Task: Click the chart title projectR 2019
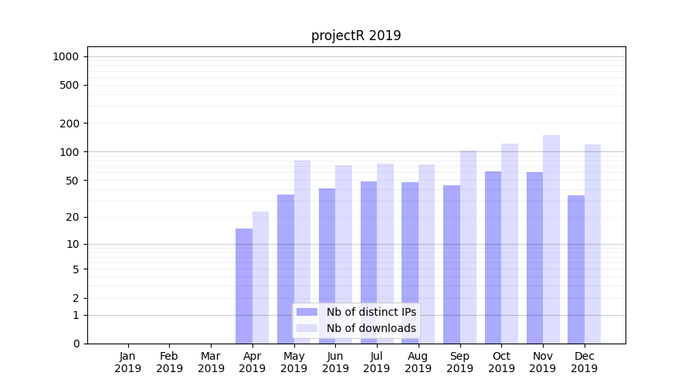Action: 356,36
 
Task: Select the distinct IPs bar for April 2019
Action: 244,286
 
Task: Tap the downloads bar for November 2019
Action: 551,239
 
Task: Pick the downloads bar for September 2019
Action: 468,247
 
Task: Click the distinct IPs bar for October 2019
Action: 493,257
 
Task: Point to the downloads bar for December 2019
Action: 592,244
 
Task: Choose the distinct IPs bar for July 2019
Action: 368,262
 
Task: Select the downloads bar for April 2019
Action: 261,278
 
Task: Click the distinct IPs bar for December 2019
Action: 576,269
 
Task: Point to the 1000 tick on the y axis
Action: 66,56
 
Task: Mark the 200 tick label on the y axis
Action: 69,124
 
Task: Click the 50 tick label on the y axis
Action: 72,181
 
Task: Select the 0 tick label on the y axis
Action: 76,344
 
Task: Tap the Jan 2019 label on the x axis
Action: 128,362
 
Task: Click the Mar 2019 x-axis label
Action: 211,362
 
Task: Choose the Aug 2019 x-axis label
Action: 419,362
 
